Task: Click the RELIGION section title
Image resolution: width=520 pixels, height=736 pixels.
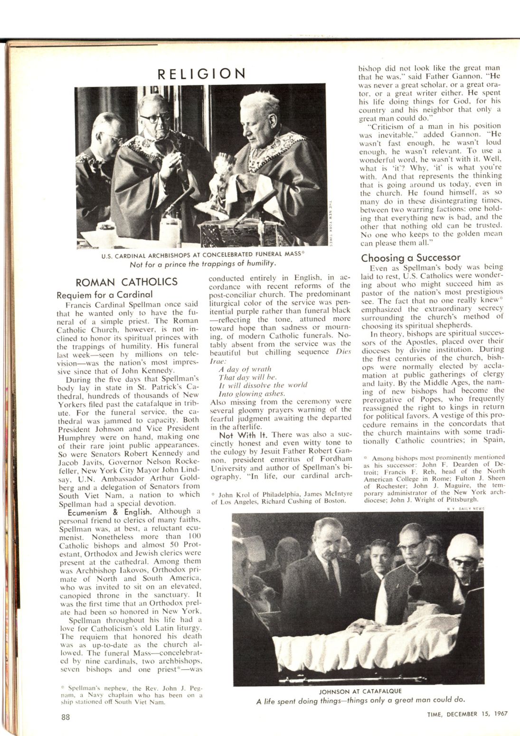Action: point(202,74)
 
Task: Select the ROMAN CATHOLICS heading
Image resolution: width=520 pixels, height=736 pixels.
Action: point(127,282)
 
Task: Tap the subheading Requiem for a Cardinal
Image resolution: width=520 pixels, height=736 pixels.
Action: point(105,294)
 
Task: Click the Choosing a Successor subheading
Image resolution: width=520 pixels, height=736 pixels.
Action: point(411,258)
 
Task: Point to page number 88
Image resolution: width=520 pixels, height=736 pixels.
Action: point(66,717)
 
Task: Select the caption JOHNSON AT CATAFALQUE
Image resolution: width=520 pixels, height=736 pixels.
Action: point(354,691)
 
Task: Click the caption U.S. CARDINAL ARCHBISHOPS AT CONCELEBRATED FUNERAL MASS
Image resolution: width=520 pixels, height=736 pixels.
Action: point(202,254)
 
